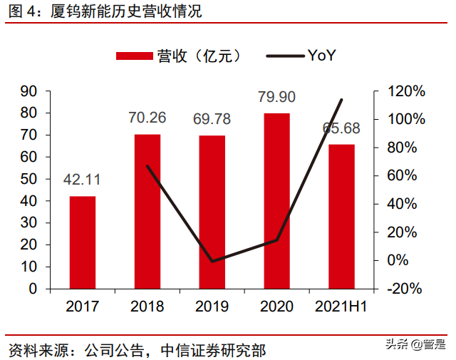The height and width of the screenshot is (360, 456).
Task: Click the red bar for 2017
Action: (83, 242)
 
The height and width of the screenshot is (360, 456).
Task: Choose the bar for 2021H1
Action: (341, 217)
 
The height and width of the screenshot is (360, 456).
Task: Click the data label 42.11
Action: (83, 182)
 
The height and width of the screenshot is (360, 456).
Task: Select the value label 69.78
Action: (212, 119)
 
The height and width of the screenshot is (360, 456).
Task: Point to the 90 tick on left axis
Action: (29, 91)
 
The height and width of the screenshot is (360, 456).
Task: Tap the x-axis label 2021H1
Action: (341, 307)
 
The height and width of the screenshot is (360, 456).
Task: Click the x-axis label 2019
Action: (212, 307)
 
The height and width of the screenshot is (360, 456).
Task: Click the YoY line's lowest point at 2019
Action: (212, 261)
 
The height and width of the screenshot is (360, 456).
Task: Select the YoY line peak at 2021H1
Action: (342, 100)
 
